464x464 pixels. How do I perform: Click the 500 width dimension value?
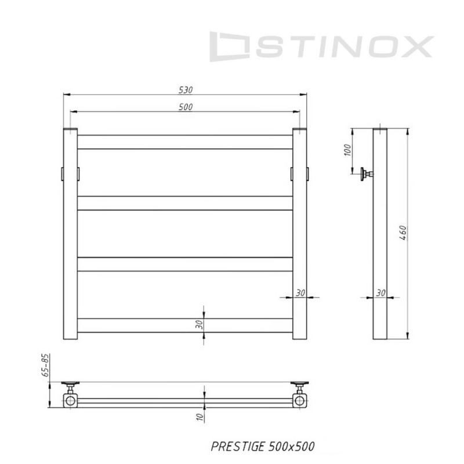tap(186, 107)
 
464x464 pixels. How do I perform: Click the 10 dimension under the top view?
tap(199, 416)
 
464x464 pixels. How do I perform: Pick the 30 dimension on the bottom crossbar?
tap(199, 325)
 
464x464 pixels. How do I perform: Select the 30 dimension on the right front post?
tap(300, 293)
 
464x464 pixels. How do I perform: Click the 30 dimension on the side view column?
tap(381, 293)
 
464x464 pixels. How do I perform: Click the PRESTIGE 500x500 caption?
tap(263, 447)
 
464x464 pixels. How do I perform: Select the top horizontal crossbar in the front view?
tap(185, 142)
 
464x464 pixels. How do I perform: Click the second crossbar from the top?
tap(185, 203)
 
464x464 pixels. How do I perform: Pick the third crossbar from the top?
tap(185, 264)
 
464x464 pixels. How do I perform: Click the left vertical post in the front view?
tap(70, 235)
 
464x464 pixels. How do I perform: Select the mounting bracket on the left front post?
tap(63, 173)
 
